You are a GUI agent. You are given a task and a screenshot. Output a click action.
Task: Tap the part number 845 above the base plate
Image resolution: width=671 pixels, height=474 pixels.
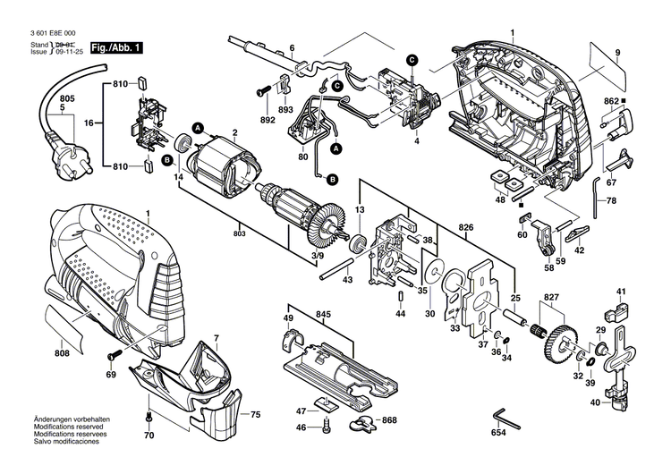(x=324, y=316)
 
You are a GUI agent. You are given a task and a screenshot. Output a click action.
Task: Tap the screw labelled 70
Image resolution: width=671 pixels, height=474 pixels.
(x=149, y=418)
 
